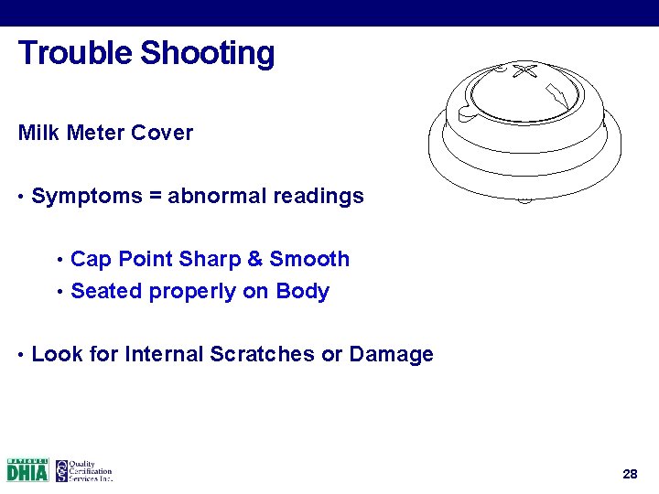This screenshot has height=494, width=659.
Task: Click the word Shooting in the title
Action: click(208, 53)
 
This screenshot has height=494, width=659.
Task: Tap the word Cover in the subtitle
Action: click(162, 133)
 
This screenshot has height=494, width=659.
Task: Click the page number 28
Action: click(629, 474)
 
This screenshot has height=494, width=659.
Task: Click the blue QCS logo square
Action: click(61, 470)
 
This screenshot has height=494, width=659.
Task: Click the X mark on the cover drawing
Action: click(524, 70)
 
